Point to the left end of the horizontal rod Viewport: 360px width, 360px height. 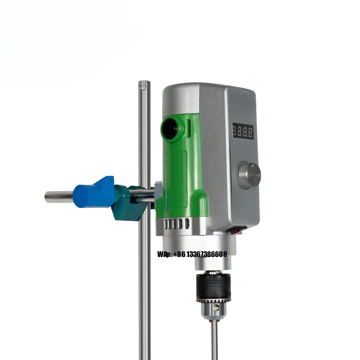(47, 197)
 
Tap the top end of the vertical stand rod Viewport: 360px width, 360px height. (144, 84)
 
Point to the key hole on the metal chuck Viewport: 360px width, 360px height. (216, 308)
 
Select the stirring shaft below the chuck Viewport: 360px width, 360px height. (214, 338)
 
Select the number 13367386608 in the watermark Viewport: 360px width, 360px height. (206, 254)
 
